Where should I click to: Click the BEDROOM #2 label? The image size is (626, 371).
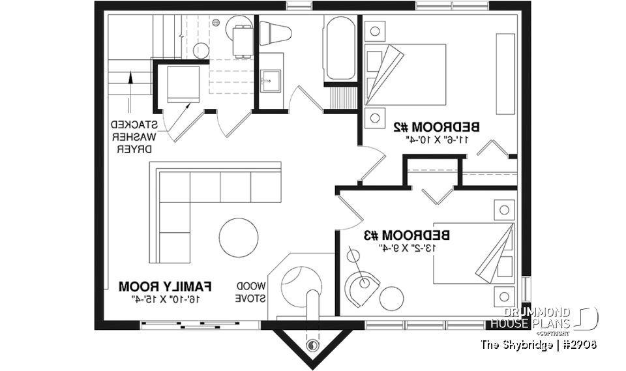pyautogui.click(x=436, y=126)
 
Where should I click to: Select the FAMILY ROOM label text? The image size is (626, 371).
pyautogui.click(x=166, y=286)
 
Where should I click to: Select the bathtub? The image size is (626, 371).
pyautogui.click(x=340, y=50)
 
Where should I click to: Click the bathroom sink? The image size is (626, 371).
pyautogui.click(x=269, y=83)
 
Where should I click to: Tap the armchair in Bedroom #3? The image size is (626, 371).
pyautogui.click(x=362, y=287)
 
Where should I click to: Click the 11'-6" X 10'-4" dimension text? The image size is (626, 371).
pyautogui.click(x=436, y=139)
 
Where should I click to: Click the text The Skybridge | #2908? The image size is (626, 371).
pyautogui.click(x=539, y=344)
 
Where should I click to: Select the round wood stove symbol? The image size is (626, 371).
pyautogui.click(x=301, y=282)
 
